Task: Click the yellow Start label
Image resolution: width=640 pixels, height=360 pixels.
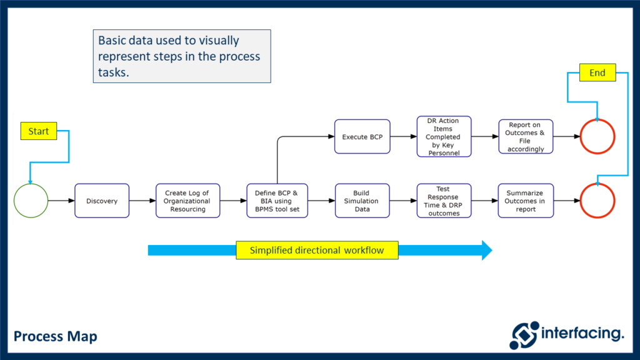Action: (39, 131)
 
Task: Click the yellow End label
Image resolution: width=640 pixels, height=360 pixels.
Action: (597, 73)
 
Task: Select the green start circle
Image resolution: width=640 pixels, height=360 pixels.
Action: (31, 201)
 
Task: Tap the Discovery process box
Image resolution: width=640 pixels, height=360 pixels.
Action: (102, 201)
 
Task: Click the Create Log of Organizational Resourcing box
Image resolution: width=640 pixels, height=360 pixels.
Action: (187, 201)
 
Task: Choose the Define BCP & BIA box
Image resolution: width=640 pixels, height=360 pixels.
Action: (277, 201)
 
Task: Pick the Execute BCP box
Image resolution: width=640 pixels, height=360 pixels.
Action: (362, 136)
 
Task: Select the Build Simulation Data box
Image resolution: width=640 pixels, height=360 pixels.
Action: (362, 201)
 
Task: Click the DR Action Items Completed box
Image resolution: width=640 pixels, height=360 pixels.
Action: (444, 136)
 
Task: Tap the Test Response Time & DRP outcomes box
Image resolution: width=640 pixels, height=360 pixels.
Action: (444, 201)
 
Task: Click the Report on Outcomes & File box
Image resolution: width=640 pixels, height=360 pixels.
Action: (526, 137)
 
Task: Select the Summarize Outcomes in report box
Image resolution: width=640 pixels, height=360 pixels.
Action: (526, 201)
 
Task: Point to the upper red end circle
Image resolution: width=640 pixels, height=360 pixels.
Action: (597, 136)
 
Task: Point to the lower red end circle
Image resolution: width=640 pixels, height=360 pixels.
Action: (597, 201)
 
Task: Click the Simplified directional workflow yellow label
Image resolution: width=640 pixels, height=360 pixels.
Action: (317, 250)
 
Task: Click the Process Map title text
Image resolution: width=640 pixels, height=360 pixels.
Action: (56, 336)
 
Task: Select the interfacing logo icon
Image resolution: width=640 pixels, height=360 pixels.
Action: (524, 335)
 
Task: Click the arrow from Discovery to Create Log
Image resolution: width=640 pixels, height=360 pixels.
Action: (142, 201)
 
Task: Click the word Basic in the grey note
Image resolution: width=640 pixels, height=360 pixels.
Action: (112, 41)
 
